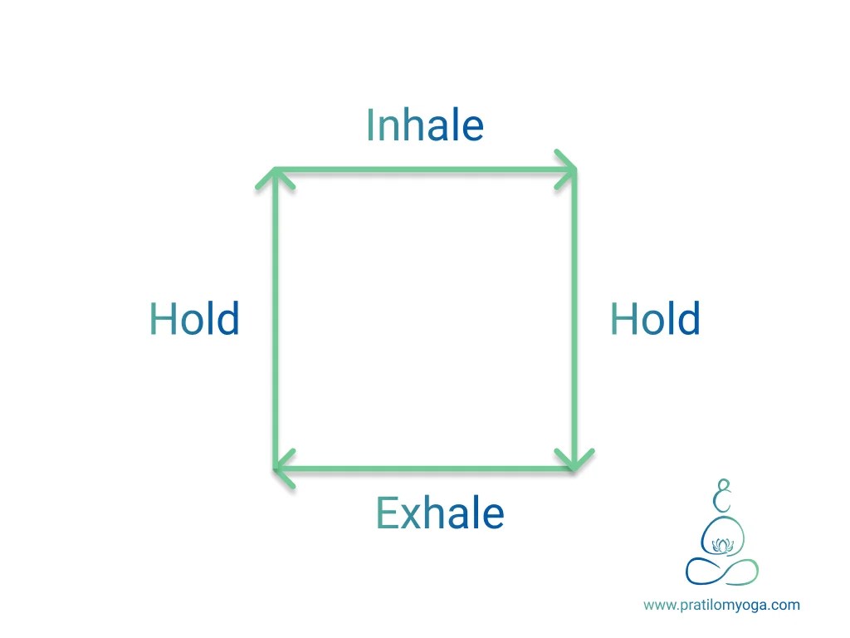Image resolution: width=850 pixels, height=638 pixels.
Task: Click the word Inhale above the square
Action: tap(424, 125)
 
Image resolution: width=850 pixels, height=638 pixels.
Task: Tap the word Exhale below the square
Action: tap(440, 513)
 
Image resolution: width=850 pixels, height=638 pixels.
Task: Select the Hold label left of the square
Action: tap(194, 319)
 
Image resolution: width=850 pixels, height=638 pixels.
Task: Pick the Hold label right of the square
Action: tap(655, 319)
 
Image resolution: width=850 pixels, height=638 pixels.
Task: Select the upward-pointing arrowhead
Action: tap(275, 177)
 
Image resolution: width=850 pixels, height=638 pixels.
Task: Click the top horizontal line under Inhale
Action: tap(424, 170)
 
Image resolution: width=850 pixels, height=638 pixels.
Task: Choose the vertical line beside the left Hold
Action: tap(275, 320)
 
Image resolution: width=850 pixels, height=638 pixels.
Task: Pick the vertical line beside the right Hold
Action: tap(574, 320)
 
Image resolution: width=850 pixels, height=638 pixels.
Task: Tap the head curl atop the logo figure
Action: tap(724, 496)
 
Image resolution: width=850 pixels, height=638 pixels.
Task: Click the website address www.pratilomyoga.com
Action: tap(721, 605)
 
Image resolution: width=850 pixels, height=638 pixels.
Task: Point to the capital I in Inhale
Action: tap(371, 125)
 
